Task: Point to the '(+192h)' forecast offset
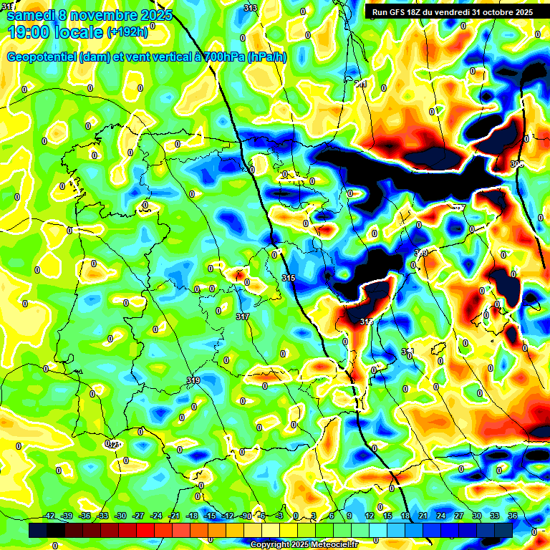[x=127, y=32]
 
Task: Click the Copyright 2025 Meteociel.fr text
[x=304, y=544]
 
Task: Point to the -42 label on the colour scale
[x=50, y=516]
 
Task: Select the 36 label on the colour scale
[x=513, y=516]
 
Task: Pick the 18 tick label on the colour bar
[x=405, y=516]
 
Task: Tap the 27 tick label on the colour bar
[x=459, y=516]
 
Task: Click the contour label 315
[x=289, y=278]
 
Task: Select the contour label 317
[x=242, y=316]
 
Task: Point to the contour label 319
[x=193, y=380]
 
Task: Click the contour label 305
[x=517, y=164]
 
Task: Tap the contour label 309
[x=421, y=253]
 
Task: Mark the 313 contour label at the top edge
[x=250, y=8]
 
